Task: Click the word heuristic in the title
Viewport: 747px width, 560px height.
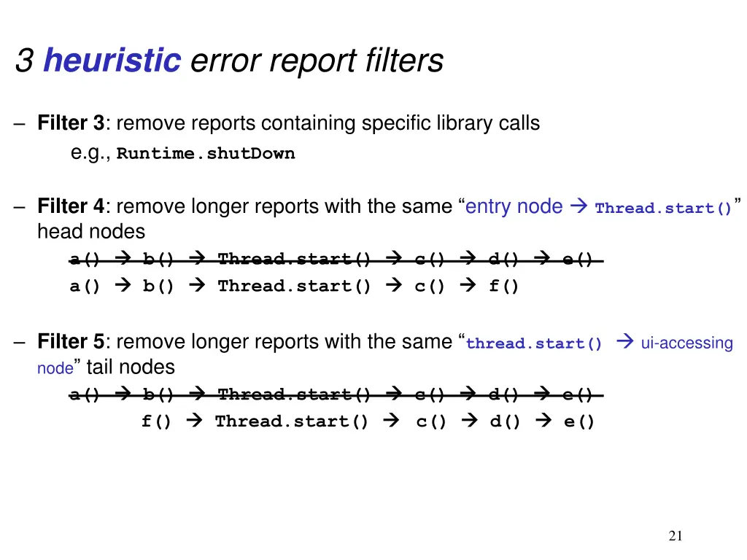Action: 112,60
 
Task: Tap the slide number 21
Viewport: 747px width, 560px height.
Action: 676,537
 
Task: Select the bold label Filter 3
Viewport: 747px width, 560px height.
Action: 71,123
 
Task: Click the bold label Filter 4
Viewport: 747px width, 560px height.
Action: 71,206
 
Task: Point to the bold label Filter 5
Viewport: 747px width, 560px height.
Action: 71,341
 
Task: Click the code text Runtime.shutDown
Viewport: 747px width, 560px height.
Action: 206,154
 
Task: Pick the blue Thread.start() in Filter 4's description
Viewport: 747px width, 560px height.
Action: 663,209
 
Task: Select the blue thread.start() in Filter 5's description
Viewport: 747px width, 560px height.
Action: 534,343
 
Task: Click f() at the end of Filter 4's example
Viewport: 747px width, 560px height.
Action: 504,286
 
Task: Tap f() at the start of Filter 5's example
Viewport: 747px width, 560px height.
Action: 157,421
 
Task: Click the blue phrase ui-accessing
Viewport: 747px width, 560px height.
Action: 686,343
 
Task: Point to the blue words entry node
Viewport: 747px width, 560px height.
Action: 514,206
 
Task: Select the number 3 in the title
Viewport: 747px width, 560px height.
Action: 23,60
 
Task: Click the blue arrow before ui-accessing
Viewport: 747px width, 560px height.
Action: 624,342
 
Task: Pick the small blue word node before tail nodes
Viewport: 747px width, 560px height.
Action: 55,369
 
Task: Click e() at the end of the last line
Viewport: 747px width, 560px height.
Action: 579,421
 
